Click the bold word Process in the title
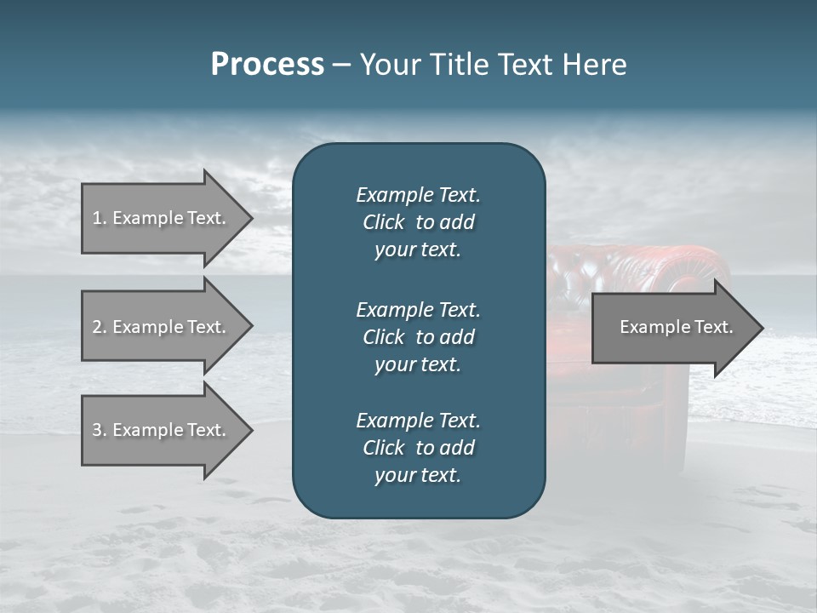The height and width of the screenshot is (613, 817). click(x=267, y=65)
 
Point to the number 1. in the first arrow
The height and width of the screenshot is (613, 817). click(x=100, y=218)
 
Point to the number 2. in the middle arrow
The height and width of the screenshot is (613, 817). click(x=100, y=327)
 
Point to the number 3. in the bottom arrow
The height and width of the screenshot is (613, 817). click(x=100, y=430)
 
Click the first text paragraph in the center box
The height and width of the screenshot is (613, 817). click(x=418, y=222)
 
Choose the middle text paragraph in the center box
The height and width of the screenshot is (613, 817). click(x=418, y=336)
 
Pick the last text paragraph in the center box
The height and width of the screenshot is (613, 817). click(x=418, y=448)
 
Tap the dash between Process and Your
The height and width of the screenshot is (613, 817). click(x=341, y=66)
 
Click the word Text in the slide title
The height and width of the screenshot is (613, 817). click(x=522, y=65)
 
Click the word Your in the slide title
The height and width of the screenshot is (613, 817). click(x=386, y=65)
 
